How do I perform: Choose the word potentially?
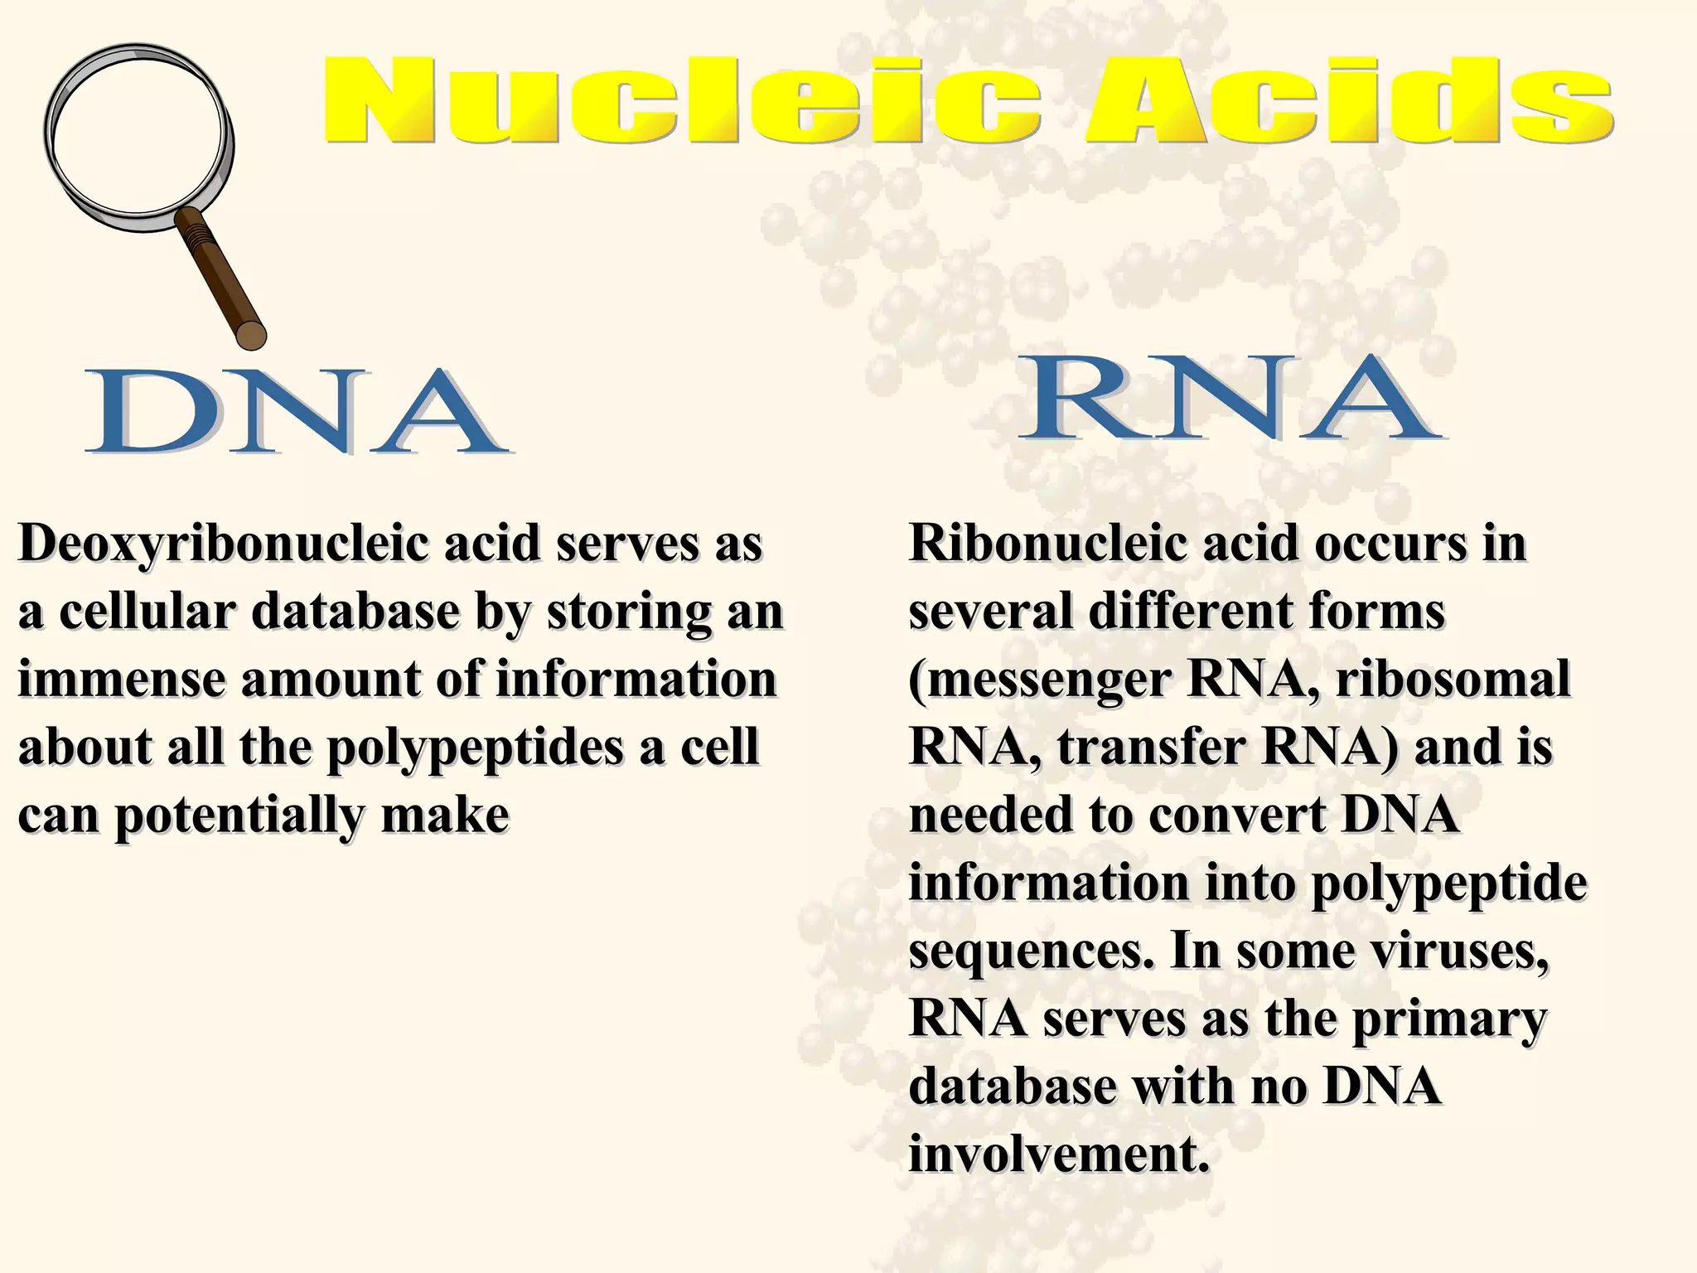pos(239,816)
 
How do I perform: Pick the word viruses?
pos(1458,951)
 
